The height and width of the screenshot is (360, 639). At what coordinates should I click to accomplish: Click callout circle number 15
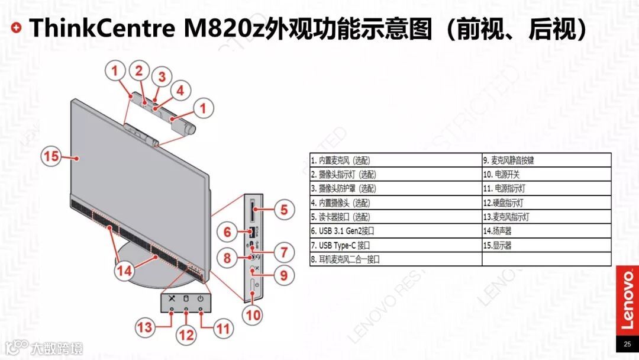click(x=51, y=156)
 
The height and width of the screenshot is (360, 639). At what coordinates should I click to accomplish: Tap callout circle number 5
click(x=283, y=209)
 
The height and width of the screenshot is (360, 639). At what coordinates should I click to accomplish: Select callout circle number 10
click(x=253, y=315)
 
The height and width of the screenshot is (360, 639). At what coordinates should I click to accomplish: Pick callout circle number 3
click(x=161, y=76)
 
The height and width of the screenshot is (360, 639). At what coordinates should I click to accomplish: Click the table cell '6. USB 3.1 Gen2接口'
click(x=395, y=231)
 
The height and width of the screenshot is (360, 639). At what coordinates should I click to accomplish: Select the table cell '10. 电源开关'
click(x=546, y=175)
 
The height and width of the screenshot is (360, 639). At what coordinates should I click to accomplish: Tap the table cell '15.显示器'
click(x=546, y=245)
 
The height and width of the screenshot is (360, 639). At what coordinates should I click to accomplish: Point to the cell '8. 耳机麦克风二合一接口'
click(x=395, y=259)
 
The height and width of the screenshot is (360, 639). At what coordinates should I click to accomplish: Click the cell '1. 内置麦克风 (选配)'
click(x=395, y=160)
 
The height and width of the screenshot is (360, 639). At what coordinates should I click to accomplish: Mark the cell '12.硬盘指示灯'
click(x=546, y=203)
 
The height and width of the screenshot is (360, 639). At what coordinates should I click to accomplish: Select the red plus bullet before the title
click(x=17, y=27)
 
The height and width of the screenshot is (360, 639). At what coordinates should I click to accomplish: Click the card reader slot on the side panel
click(x=253, y=209)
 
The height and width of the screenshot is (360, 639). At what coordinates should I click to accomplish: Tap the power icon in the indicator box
click(x=201, y=298)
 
